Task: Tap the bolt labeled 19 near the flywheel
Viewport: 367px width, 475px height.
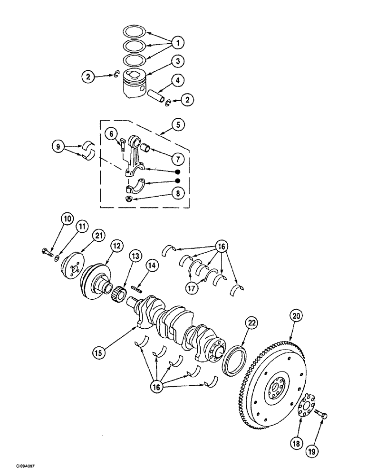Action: click(x=323, y=417)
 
